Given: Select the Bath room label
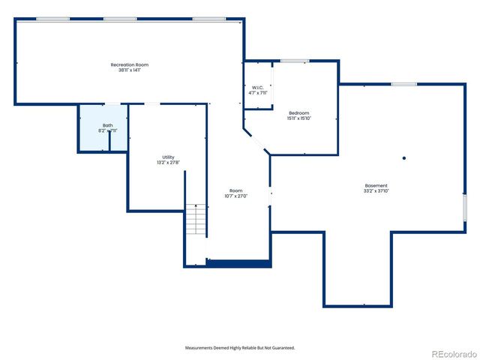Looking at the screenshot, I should tap(108, 125).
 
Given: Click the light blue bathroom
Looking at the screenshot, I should tap(94, 139).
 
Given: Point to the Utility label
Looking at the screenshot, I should tap(168, 157).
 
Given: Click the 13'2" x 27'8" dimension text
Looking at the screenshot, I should tap(168, 162).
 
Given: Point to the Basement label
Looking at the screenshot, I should tap(376, 185).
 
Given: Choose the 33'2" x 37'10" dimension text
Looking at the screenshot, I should tap(376, 190).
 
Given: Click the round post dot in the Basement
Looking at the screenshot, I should tap(403, 157).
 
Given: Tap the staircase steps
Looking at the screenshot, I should tap(195, 220).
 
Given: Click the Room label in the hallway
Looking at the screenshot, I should tap(235, 190).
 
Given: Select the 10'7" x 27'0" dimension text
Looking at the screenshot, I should tap(235, 196).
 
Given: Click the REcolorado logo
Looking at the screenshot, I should tap(452, 353).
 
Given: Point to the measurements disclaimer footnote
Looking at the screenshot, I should tap(240, 348).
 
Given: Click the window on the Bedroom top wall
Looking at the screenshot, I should tap(294, 61).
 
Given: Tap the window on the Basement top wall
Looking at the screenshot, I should tap(403, 84).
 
